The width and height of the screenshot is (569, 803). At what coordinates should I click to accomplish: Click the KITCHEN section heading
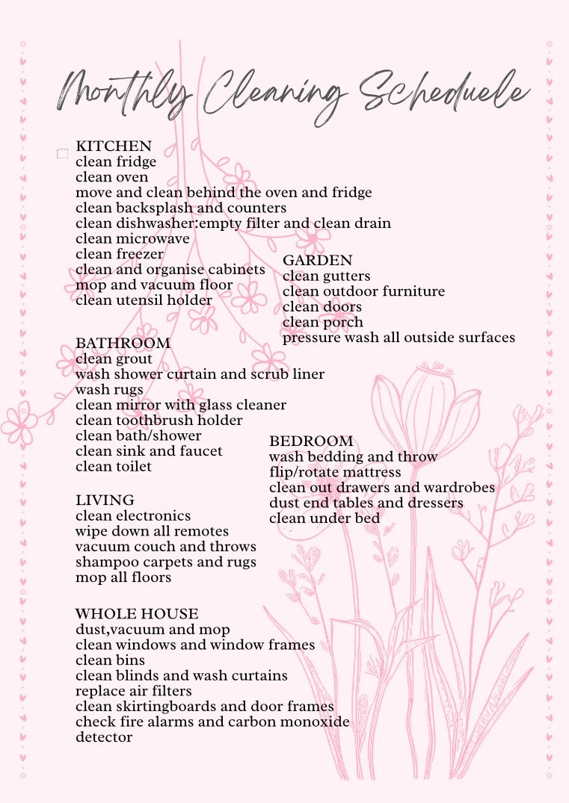[114, 146]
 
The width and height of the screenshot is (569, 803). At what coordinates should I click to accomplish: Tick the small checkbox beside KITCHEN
[63, 154]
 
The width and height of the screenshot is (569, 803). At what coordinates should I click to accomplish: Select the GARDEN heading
[317, 261]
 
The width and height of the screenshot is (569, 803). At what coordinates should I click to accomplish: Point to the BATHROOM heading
[123, 344]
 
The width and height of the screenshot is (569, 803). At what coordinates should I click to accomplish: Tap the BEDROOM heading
[311, 441]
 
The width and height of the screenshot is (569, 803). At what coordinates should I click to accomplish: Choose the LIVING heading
[105, 500]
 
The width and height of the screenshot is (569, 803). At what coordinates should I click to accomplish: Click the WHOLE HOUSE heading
[137, 615]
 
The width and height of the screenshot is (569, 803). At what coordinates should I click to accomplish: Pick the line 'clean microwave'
[132, 239]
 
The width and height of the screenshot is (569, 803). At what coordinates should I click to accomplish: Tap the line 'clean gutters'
[326, 276]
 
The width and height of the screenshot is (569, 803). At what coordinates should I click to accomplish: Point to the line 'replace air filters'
[133, 691]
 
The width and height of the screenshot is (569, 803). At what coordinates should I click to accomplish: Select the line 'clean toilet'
[114, 467]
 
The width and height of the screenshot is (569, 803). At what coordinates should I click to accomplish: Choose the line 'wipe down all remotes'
[152, 531]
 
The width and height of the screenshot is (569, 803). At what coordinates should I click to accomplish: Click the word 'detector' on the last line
[104, 737]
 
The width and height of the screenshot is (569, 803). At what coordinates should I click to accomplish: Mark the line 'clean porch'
[323, 323]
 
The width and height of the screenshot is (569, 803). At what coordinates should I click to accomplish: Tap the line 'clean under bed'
[325, 518]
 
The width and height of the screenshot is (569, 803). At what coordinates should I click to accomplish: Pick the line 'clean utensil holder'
[144, 301]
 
